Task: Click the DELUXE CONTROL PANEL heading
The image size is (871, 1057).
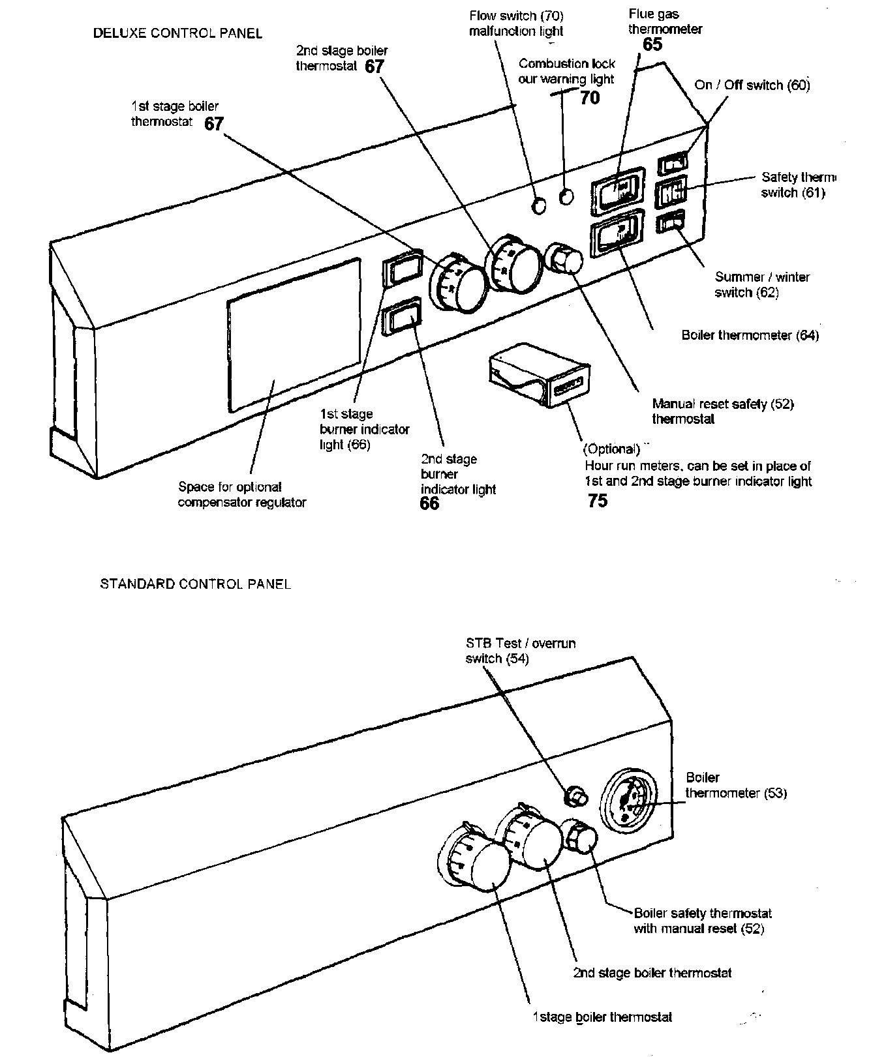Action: [177, 33]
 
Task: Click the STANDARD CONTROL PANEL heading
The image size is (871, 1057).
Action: [195, 584]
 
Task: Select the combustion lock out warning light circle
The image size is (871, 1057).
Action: [567, 196]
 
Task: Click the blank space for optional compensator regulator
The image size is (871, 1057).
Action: [293, 336]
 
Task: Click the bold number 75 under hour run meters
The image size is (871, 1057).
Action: [598, 501]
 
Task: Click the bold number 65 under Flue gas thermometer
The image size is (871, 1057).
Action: [652, 44]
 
